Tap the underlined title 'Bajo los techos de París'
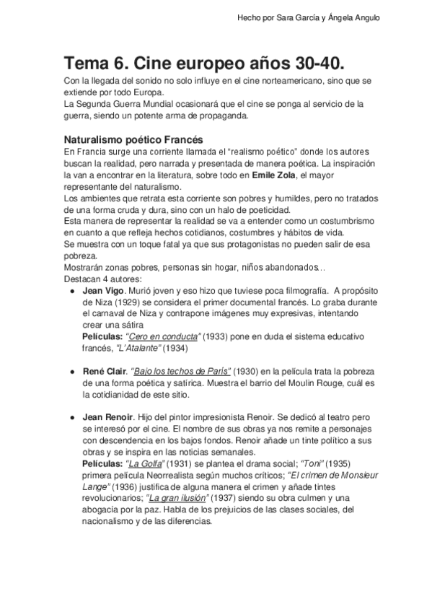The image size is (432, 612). click(x=182, y=370)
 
